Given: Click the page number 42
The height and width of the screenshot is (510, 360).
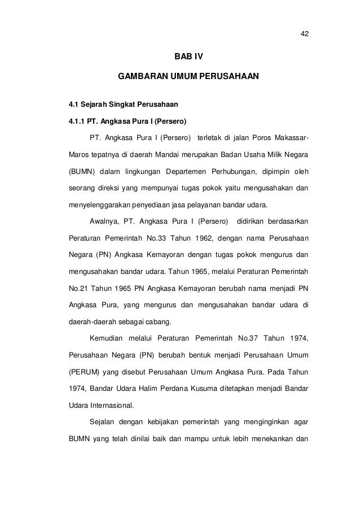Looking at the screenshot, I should point(304,33).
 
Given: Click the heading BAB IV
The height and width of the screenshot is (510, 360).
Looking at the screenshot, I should point(188,58).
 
